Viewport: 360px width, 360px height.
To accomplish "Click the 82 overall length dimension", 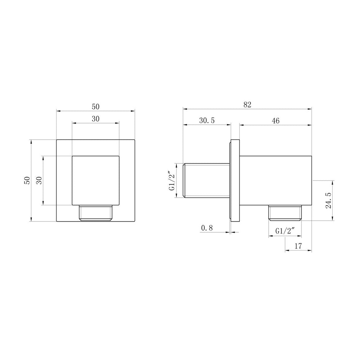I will [247, 104].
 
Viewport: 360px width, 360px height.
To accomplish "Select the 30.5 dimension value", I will [207, 121].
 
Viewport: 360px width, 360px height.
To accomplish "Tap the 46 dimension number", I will [276, 121].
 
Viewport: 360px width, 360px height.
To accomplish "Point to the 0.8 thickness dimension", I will [207, 228].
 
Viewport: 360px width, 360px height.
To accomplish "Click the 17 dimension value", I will [298, 246].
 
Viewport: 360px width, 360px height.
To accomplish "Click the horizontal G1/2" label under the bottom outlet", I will [285, 231].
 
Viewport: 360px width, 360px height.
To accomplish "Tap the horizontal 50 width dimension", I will [95, 107].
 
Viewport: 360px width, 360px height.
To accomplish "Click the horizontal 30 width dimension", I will [95, 119].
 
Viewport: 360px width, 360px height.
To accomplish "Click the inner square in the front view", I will [96, 180].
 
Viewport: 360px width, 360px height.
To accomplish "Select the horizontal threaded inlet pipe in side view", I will [206, 180].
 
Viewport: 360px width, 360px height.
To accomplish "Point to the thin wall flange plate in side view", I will [234, 180].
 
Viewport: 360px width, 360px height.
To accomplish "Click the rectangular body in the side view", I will [275, 180].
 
